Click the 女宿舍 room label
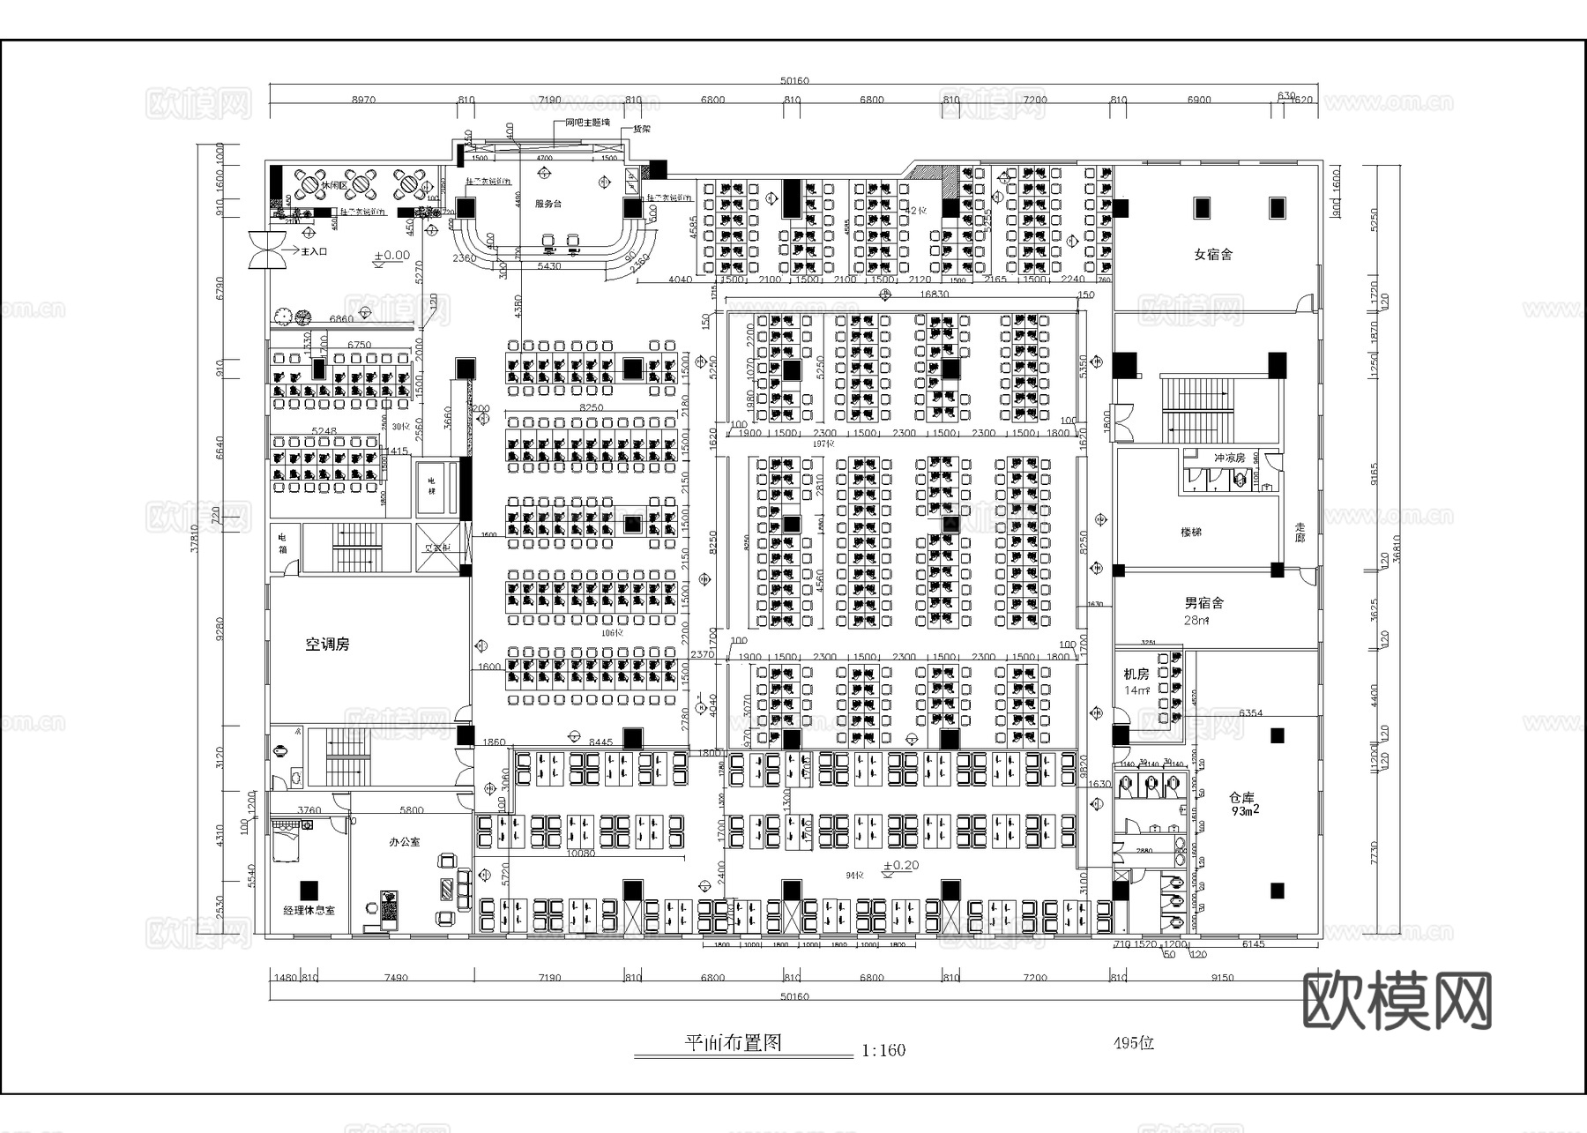coord(1213,255)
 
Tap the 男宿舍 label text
coord(1203,604)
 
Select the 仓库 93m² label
coord(1242,804)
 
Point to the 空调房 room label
coord(327,645)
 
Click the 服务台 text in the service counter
coord(548,204)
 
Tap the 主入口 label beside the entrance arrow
coord(314,251)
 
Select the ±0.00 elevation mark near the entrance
coord(391,256)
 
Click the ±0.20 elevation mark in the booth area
coord(900,865)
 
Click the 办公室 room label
coord(405,842)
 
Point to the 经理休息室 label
coord(309,910)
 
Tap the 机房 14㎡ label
coord(1136,681)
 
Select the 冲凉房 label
coord(1229,458)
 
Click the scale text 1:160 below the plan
coord(883,1050)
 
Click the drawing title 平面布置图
coord(734,1043)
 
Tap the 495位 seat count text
coord(1133,1043)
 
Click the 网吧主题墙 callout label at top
coord(587,123)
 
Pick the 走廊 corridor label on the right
coord(1300,532)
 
